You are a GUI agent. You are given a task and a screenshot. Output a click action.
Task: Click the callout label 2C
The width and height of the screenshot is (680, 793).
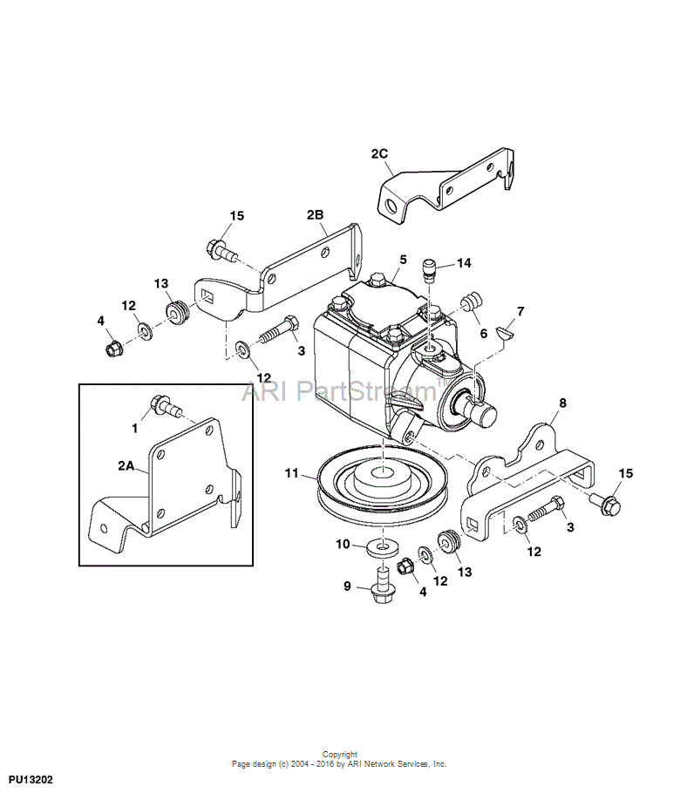(379, 153)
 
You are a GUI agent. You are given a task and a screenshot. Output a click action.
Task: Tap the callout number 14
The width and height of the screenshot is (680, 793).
(464, 263)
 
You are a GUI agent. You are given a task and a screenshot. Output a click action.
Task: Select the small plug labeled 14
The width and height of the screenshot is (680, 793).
(429, 270)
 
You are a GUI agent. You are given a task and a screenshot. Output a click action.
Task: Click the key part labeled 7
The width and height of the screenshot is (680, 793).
(505, 332)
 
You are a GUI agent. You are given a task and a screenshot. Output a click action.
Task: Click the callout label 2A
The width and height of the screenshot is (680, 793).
(126, 466)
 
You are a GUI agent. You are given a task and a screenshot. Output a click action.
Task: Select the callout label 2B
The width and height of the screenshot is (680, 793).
(316, 215)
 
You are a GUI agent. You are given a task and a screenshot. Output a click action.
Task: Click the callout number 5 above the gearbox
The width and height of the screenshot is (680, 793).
(403, 260)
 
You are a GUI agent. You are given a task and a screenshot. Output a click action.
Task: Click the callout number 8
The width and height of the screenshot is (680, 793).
(562, 403)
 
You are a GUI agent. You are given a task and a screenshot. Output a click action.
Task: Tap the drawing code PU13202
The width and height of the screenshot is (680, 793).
(31, 780)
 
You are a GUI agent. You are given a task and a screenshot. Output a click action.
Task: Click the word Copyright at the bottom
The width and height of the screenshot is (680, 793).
(340, 754)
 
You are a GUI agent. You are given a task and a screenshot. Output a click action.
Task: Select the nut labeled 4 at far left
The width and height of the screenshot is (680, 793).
(112, 348)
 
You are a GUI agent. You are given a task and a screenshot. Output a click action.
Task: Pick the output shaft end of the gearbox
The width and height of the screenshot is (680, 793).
(483, 415)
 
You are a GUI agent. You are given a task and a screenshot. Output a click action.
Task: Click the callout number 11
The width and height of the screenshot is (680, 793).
(291, 474)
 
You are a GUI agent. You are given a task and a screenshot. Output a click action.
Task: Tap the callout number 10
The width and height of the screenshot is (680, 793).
(343, 544)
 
